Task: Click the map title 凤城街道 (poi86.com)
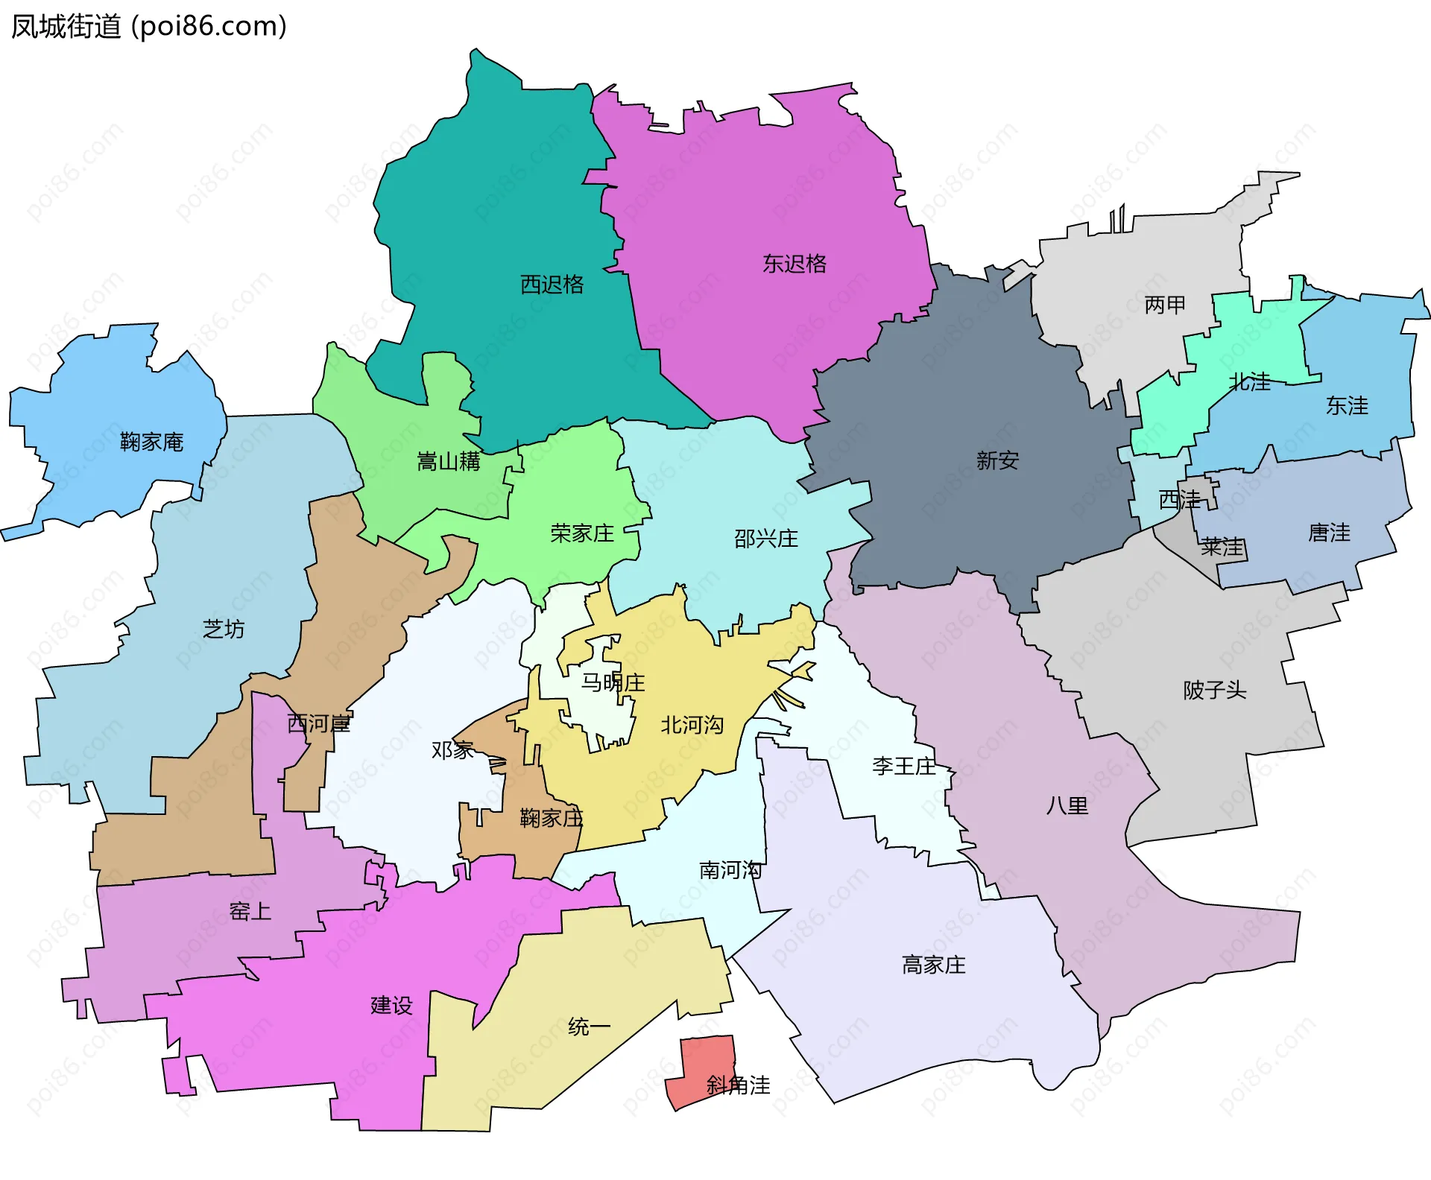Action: (x=148, y=27)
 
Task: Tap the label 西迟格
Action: (x=552, y=285)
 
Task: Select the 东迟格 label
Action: (x=794, y=264)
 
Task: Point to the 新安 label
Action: (x=997, y=460)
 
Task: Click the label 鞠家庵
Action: (x=151, y=442)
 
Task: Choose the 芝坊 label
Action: (x=224, y=629)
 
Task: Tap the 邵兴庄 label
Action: (x=765, y=539)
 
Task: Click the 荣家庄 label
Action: (x=582, y=533)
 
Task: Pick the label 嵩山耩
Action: (x=448, y=462)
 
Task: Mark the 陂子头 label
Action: (x=1214, y=690)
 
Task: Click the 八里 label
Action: (x=1067, y=805)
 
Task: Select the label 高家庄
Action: (x=933, y=965)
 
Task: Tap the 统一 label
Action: (x=589, y=1027)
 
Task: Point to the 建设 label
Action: (x=391, y=1006)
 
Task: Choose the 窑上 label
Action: (x=250, y=911)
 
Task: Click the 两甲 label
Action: (x=1164, y=305)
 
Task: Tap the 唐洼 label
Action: (x=1329, y=533)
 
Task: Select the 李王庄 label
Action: (x=903, y=766)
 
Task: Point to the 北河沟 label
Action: (x=692, y=725)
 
